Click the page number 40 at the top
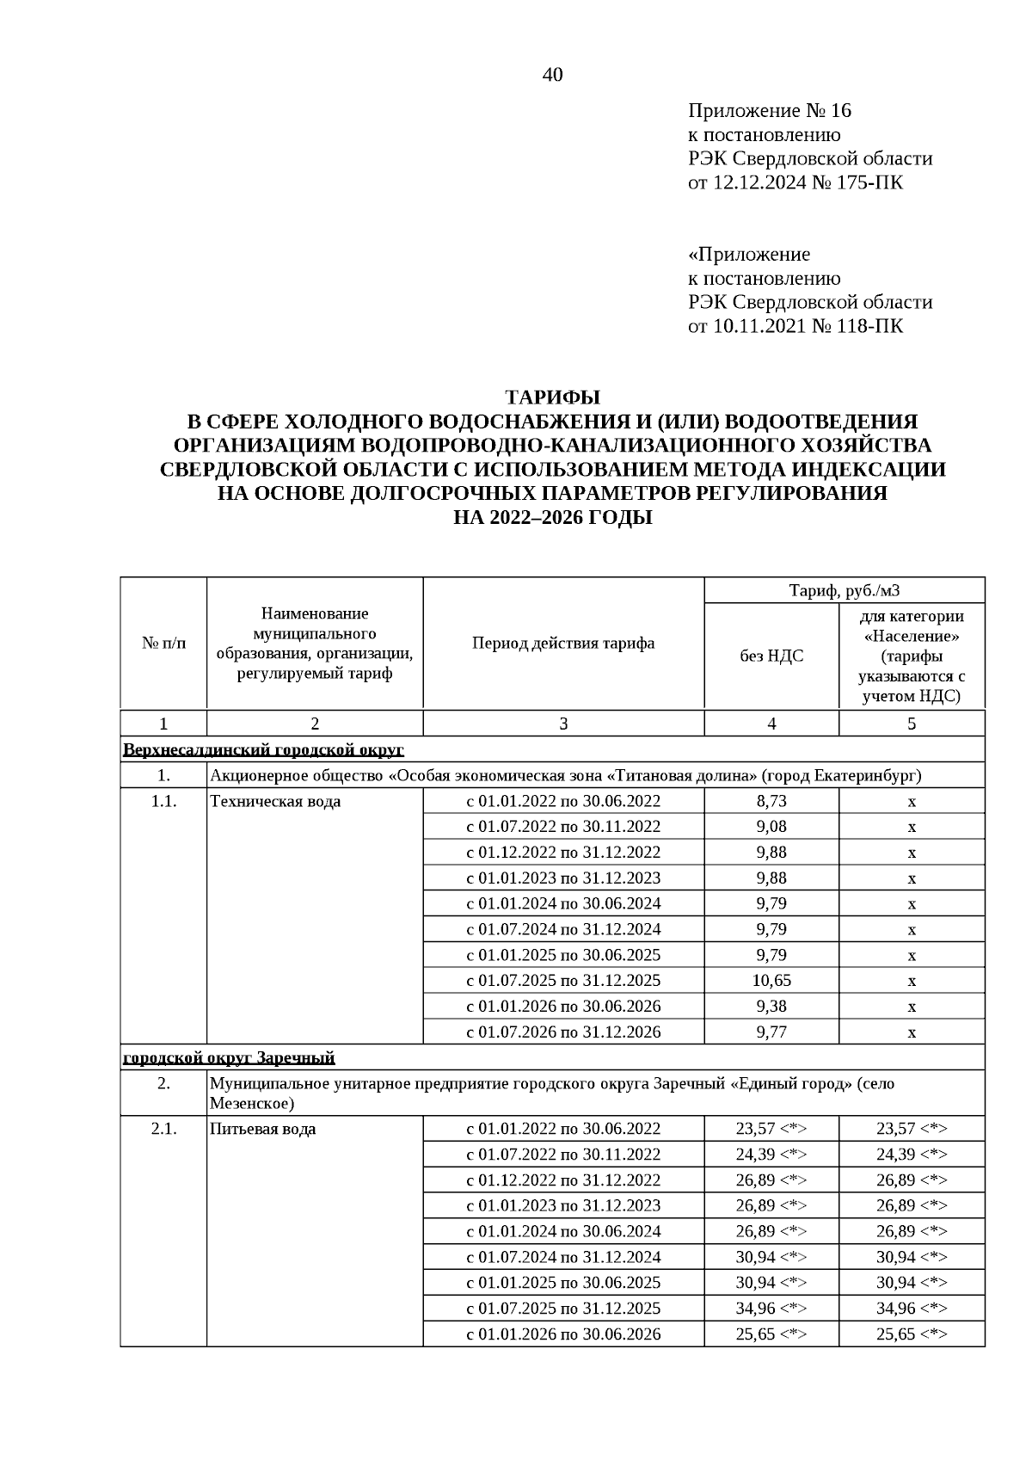point(552,76)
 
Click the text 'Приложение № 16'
point(769,111)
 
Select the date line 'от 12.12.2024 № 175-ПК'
point(795,182)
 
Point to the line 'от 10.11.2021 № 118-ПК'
point(795,326)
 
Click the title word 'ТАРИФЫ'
point(552,397)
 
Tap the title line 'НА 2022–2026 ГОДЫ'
point(552,518)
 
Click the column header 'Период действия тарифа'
point(563,644)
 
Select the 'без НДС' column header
point(771,656)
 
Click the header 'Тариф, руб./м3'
point(845,590)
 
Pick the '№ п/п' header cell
point(163,644)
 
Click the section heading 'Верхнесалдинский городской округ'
point(263,749)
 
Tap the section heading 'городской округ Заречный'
point(229,1057)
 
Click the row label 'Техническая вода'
point(275,802)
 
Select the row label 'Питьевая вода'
point(262,1129)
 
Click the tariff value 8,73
point(771,801)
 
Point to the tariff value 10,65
point(771,981)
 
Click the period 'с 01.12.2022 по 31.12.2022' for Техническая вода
point(563,853)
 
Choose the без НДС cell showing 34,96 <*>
point(771,1309)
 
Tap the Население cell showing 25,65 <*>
point(912,1334)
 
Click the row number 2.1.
point(163,1129)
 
